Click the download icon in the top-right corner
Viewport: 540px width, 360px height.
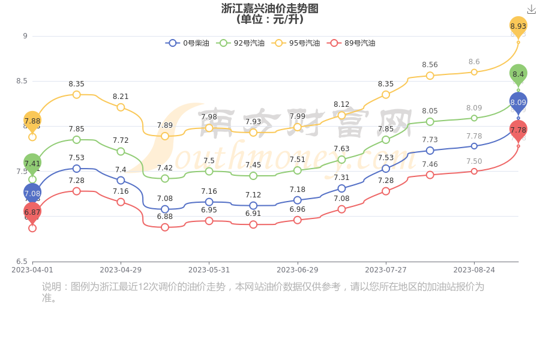pyautogui.click(x=531, y=9)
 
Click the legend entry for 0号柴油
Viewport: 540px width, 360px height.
pyautogui.click(x=187, y=43)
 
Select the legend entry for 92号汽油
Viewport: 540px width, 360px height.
pyautogui.click(x=241, y=43)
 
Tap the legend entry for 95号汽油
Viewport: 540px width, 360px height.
pyautogui.click(x=296, y=43)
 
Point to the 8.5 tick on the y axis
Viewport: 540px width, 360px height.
pyautogui.click(x=22, y=81)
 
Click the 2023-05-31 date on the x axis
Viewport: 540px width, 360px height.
pyautogui.click(x=209, y=270)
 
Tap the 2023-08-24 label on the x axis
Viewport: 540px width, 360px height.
pyautogui.click(x=474, y=270)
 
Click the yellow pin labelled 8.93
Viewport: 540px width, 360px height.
pyautogui.click(x=518, y=26)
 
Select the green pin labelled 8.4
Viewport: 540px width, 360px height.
pyautogui.click(x=518, y=74)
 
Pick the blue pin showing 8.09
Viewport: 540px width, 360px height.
pyautogui.click(x=518, y=103)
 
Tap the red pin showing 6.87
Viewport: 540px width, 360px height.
pyautogui.click(x=32, y=212)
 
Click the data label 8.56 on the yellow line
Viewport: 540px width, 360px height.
pyautogui.click(x=430, y=65)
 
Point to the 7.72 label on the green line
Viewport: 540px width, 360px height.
pyautogui.click(x=121, y=140)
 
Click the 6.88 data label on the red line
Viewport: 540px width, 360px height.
pyautogui.click(x=165, y=217)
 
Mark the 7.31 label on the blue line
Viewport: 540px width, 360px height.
pyautogui.click(x=341, y=178)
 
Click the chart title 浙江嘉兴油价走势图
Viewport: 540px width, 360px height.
pyautogui.click(x=269, y=8)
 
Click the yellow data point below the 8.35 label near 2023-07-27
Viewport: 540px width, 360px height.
pyautogui.click(x=386, y=95)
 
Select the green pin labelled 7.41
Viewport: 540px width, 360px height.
pyautogui.click(x=32, y=163)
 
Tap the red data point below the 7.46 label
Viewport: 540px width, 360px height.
pyautogui.click(x=430, y=175)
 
